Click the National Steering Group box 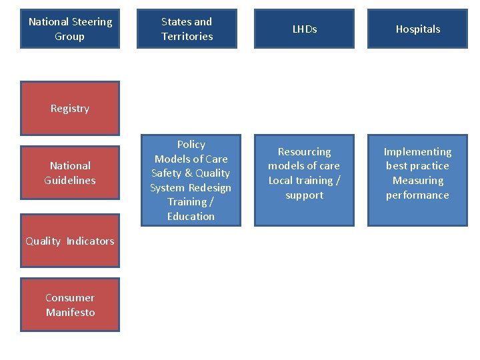pyautogui.click(x=70, y=29)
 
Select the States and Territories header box pyautogui.click(x=187, y=29)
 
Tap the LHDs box pyautogui.click(x=304, y=29)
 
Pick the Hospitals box pyautogui.click(x=417, y=29)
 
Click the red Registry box pyautogui.click(x=70, y=108)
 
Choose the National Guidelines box pyautogui.click(x=70, y=173)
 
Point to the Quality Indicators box pyautogui.click(x=70, y=241)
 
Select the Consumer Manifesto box pyautogui.click(x=70, y=305)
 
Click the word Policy pyautogui.click(x=191, y=144)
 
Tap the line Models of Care pyautogui.click(x=191, y=159)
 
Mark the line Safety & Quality pyautogui.click(x=191, y=173)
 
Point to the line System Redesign pyautogui.click(x=191, y=187)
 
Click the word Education pyautogui.click(x=191, y=216)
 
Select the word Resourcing pyautogui.click(x=304, y=151)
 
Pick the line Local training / pyautogui.click(x=304, y=180)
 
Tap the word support pyautogui.click(x=304, y=195)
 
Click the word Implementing pyautogui.click(x=417, y=151)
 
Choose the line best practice pyautogui.click(x=417, y=165)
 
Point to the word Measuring pyautogui.click(x=417, y=180)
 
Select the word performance pyautogui.click(x=417, y=195)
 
